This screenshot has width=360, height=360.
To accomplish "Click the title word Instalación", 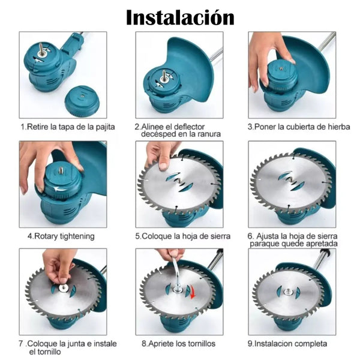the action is point(180,17).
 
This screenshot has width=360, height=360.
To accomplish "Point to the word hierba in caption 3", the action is point(338,127).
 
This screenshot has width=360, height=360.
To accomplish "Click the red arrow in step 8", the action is point(193,293).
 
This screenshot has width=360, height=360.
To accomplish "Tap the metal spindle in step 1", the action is point(41,49).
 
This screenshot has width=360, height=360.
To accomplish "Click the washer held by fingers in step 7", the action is point(63,288).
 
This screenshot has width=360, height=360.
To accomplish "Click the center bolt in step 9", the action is point(287,292).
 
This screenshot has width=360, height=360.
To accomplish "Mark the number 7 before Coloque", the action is point(21,344).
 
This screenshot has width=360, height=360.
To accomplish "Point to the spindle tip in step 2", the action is point(163,71).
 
